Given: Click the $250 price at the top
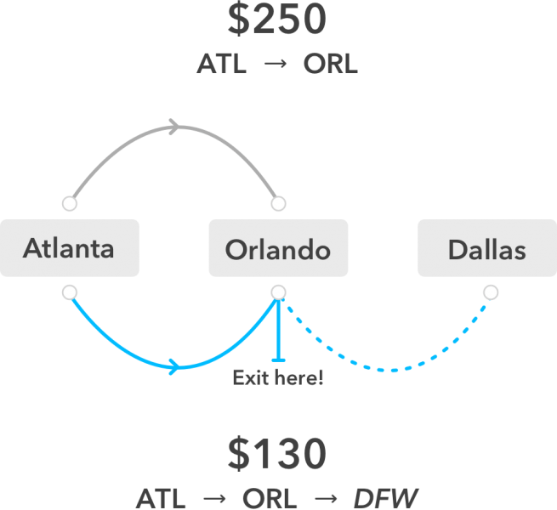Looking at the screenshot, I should (x=277, y=20).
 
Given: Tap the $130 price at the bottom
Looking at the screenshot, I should (x=277, y=455).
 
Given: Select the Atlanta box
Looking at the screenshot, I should (x=69, y=248).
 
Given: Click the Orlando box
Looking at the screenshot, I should (x=278, y=248).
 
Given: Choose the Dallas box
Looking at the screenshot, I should (x=486, y=248).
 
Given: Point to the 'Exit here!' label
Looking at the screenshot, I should (x=278, y=377).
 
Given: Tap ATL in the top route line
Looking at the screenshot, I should (x=221, y=65).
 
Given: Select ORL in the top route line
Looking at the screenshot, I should (x=330, y=65).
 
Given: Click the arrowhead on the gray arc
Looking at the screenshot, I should (x=174, y=127).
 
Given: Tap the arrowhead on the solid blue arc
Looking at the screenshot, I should (x=174, y=367).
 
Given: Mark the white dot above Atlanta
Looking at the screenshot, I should (x=70, y=204).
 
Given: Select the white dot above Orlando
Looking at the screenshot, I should (x=278, y=204).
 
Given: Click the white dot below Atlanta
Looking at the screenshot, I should (x=70, y=292).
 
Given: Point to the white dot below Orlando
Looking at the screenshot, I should (x=278, y=292).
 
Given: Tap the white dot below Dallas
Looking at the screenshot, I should (x=490, y=292).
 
